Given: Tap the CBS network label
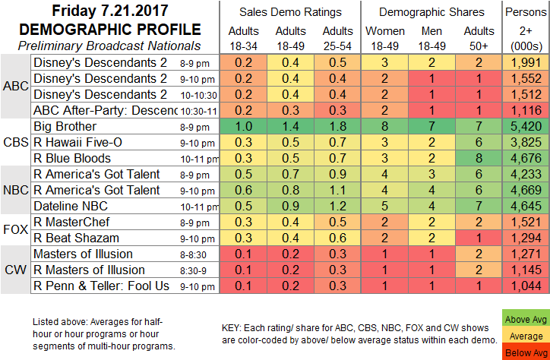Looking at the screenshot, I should click(16, 142).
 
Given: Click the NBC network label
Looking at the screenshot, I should click(16, 190).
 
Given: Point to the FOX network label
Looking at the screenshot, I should click(16, 230).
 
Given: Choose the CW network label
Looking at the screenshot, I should click(16, 270).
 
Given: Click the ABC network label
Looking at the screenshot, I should click(16, 87).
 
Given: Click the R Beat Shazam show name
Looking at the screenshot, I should click(76, 238).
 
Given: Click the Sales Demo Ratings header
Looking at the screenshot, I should click(286, 11).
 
